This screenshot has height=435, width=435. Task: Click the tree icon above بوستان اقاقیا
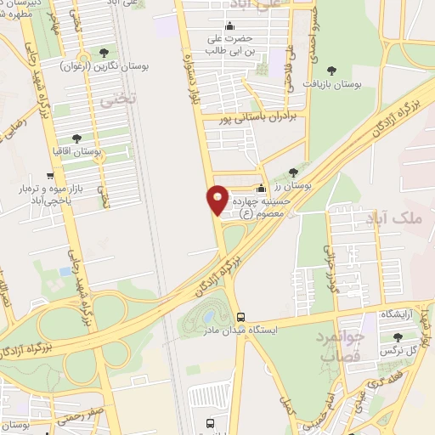pos(76,138)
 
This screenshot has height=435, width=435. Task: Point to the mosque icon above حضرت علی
pos(231,24)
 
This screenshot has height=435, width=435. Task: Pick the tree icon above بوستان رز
pos(294,172)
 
